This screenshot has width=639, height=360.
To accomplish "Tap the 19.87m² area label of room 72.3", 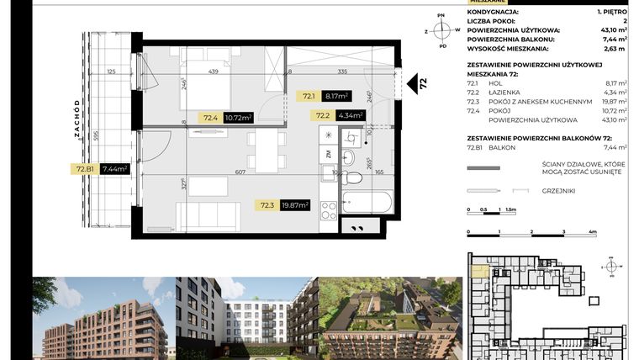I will pyautogui.click(x=294, y=204).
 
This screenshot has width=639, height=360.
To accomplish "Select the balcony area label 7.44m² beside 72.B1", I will pyautogui.click(x=114, y=169).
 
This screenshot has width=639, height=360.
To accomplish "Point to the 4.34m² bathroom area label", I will pyautogui.click(x=350, y=115).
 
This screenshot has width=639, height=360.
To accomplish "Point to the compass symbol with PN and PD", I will pyautogui.click(x=442, y=30).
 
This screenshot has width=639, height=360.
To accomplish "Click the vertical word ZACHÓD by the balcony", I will pyautogui.click(x=77, y=118).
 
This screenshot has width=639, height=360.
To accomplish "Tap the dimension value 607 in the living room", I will pyautogui.click(x=240, y=172).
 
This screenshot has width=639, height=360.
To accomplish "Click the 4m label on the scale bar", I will pyautogui.click(x=593, y=230).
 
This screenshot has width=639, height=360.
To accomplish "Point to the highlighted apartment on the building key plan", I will pyautogui.click(x=477, y=272).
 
